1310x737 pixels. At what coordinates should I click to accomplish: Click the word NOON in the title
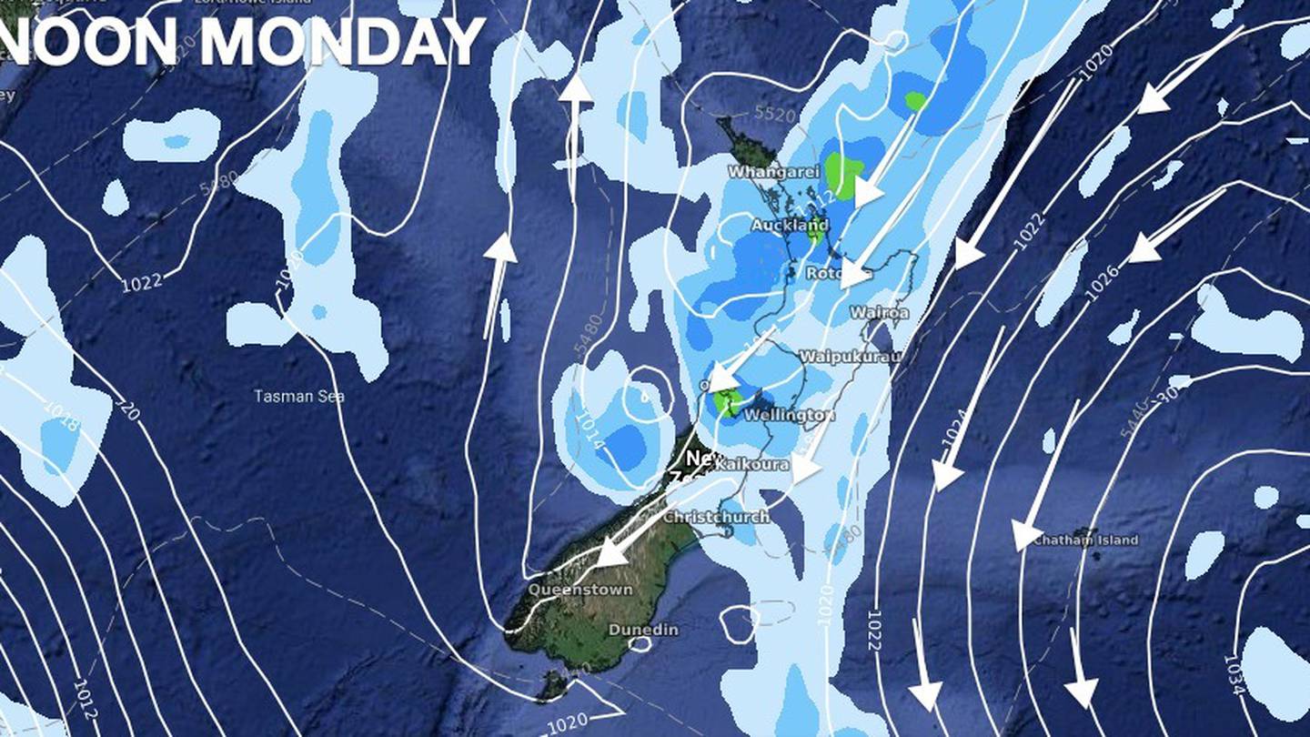coord(92,42)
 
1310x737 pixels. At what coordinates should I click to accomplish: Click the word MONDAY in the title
coord(342,42)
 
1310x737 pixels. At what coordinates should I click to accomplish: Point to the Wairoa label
coord(879,312)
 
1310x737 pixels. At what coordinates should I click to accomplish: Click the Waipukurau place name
coord(849,357)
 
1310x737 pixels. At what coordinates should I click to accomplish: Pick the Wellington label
coord(788,416)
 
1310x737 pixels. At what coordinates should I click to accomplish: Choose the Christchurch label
coord(716,517)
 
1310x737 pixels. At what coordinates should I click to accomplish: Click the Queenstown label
coord(580,590)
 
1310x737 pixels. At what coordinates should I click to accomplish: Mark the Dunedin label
coord(643,630)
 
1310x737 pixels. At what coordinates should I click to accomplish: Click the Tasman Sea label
coord(298,396)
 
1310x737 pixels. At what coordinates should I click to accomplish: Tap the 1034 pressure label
coord(1234,674)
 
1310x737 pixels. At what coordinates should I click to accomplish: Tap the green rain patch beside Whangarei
coord(842,175)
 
